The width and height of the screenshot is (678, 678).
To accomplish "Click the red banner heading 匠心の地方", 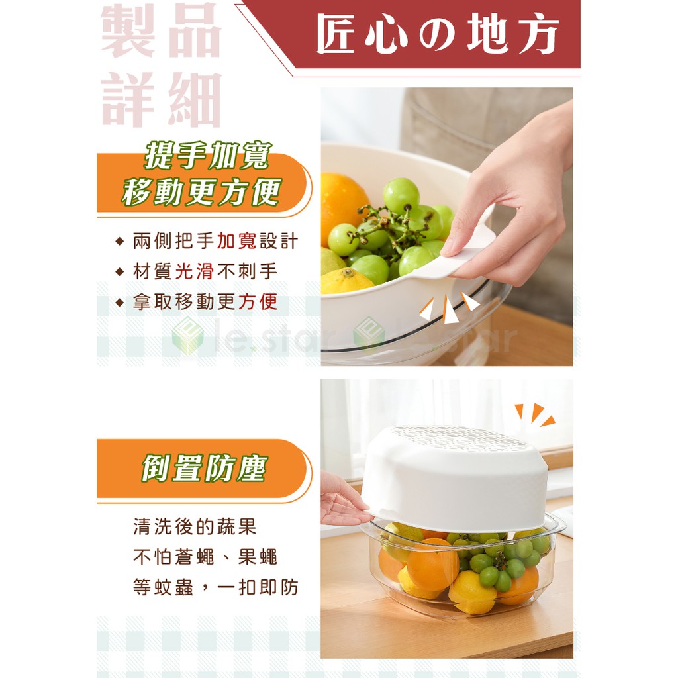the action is click(x=437, y=34).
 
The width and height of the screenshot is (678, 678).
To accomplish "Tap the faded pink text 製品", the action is click(x=162, y=30).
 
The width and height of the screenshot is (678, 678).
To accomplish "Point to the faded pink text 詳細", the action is click(x=162, y=99).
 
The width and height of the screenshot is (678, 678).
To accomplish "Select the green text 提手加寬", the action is click(x=208, y=155).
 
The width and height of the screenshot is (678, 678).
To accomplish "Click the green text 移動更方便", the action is click(x=202, y=191).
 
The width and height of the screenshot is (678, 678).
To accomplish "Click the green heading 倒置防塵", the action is click(x=205, y=468).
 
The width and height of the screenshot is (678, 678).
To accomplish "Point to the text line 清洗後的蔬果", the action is click(x=195, y=526).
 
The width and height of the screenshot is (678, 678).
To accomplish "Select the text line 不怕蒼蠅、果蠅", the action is click(x=205, y=557).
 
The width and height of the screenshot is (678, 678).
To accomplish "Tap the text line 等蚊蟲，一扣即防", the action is click(x=216, y=587).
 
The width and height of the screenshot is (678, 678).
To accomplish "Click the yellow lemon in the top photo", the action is click(x=346, y=281).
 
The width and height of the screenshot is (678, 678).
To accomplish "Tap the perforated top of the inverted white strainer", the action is click(x=458, y=437).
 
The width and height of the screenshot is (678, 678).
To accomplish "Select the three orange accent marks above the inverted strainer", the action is click(x=535, y=414).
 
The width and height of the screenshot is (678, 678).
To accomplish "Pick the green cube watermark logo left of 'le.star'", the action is click(x=187, y=336).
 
